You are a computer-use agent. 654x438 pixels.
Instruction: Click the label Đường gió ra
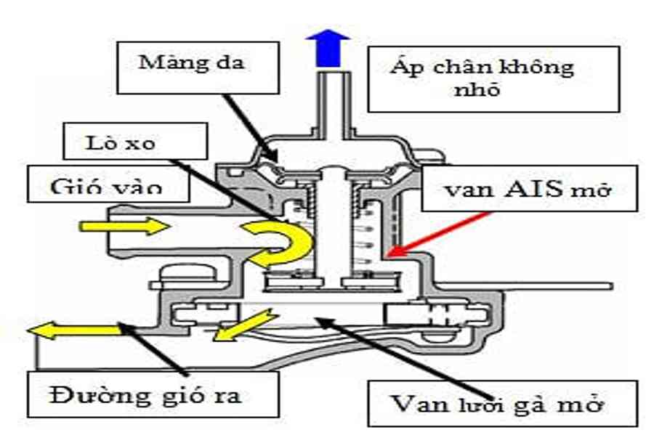145,396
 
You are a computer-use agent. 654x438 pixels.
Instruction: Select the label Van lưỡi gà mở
501,402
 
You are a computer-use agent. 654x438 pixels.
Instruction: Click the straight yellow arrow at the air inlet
124,227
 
